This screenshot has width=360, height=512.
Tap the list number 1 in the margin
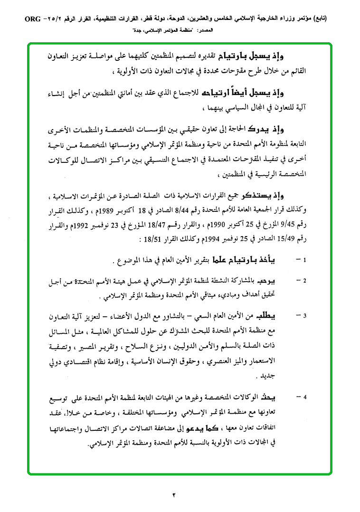point(305,260)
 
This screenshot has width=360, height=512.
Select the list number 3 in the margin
point(305,315)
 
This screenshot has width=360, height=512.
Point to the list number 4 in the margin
point(305,397)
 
